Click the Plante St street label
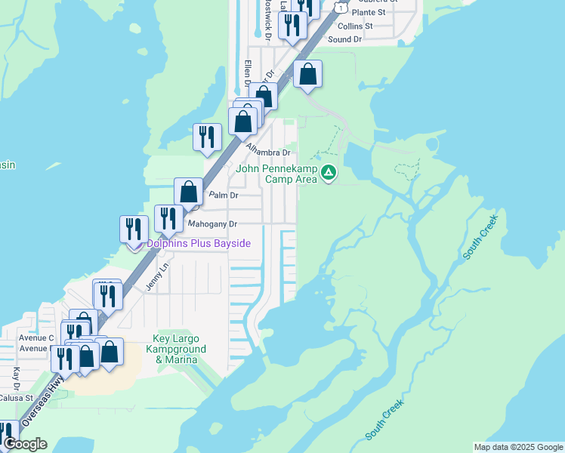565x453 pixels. coord(369,12)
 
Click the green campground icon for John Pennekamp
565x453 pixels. coord(329,174)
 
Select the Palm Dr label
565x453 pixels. coord(224,196)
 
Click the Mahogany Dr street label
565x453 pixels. coord(212,224)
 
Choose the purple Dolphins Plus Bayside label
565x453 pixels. coord(198,243)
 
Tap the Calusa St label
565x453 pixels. coord(16,398)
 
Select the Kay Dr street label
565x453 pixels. coord(17,374)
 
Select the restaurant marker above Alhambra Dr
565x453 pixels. coord(207,137)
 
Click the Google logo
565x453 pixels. coord(25,444)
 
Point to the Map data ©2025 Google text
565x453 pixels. coord(517,447)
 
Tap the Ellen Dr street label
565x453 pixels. coord(246,74)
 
